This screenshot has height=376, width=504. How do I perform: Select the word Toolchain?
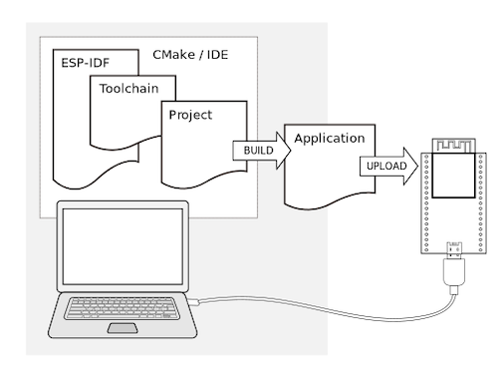click(131, 87)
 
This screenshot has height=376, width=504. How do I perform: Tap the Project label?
click(190, 115)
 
